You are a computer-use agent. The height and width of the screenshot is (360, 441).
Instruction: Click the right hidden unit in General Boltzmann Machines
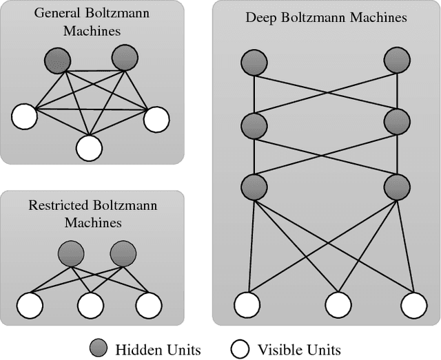coord(123,58)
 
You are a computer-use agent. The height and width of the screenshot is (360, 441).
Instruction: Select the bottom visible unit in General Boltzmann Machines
coord(90,147)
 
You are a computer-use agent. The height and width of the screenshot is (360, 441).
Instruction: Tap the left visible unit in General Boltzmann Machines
coord(24,115)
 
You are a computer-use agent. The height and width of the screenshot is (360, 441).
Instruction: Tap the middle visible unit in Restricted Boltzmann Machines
coord(90,304)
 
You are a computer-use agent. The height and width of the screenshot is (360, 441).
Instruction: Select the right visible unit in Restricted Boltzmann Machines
coord(149,304)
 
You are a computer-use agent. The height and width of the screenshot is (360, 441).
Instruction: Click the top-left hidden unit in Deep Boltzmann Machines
coord(254,63)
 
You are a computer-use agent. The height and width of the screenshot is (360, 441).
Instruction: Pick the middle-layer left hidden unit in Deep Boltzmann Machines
coord(254,125)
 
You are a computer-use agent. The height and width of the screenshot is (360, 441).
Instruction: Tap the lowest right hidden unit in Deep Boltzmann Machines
coord(397,186)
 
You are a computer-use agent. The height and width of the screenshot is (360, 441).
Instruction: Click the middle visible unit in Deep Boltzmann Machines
coord(337,304)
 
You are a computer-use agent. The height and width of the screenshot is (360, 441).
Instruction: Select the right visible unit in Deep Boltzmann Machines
coord(413,304)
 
